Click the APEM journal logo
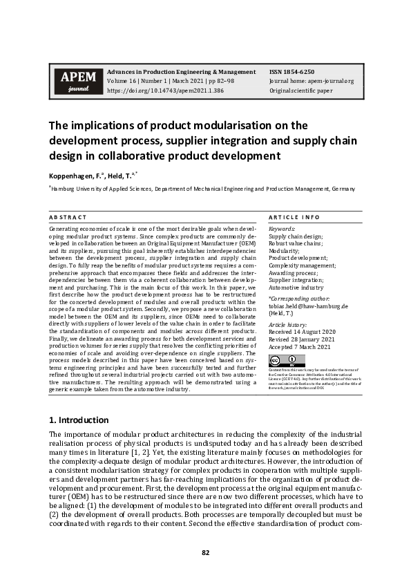click(74, 81)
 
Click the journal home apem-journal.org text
click(312, 81)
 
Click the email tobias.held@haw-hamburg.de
click(307, 306)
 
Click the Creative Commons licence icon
click(286, 360)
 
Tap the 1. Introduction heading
click(79, 420)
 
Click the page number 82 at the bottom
click(205, 552)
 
